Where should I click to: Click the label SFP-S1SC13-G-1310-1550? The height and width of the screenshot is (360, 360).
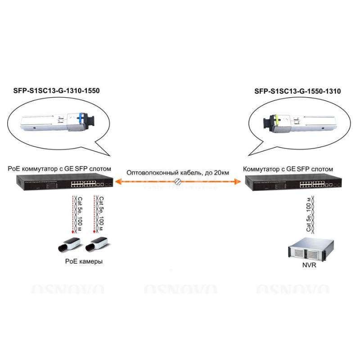pos(57,91)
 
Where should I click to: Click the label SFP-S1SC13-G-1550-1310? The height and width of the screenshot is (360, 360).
pos(297,91)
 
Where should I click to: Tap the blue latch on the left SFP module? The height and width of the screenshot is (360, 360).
pos(80,118)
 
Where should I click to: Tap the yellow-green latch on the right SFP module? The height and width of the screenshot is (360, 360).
pos(278,120)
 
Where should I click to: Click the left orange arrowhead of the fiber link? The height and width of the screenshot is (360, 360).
pos(118,182)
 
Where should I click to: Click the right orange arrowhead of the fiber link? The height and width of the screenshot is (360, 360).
pos(238,182)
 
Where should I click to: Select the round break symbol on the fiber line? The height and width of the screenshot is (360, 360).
pos(178,182)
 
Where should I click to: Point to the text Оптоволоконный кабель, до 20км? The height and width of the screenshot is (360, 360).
pos(178,173)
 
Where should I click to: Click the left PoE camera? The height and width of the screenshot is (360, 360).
pos(69,244)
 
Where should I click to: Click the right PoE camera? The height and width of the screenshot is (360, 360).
pos(97,244)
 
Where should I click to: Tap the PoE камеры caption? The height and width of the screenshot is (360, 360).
pos(84,261)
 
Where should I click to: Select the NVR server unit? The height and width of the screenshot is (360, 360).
pos(311,250)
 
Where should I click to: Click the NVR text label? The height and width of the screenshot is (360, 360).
pos(309,265)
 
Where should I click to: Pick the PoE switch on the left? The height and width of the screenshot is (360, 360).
pos(64,182)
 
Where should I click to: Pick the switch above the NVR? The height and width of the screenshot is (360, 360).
pos(293,182)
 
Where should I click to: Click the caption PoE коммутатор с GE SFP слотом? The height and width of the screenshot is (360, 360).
pos(59,169)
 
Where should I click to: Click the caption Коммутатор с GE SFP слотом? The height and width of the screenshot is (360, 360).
pos(288,169)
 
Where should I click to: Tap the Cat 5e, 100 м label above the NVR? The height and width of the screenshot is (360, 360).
pos(309,214)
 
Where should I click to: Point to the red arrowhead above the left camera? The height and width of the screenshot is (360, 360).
pos(73,232)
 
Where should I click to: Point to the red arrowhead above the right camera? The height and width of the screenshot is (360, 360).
pos(94,232)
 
